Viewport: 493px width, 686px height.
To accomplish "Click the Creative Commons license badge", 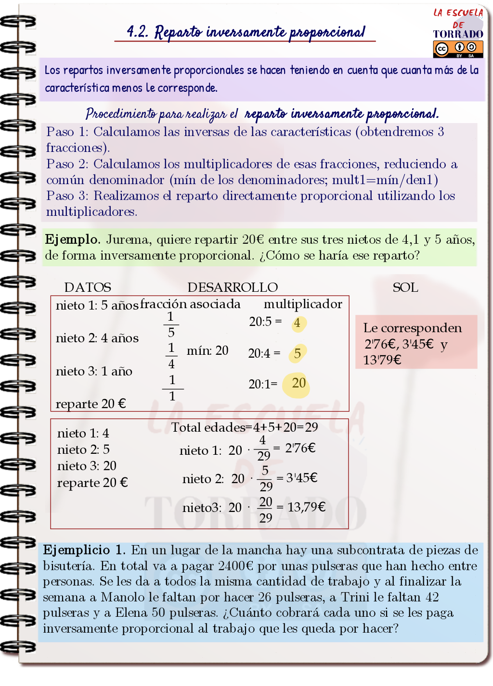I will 458,49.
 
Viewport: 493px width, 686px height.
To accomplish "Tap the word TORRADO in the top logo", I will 458,34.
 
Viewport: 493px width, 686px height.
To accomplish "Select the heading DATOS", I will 88,287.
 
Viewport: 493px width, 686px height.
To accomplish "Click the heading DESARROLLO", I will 233,287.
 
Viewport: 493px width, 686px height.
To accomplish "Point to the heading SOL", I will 405,287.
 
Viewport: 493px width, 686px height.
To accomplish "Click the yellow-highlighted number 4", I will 298,323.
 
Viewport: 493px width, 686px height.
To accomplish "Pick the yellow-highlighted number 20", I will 298,383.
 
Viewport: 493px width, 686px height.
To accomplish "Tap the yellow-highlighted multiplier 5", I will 298,354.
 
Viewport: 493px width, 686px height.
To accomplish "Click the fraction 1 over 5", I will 171,324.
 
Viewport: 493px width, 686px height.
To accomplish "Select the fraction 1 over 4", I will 171,356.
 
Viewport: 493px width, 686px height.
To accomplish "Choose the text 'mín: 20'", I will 208,350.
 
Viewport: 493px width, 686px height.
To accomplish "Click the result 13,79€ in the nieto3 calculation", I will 306,507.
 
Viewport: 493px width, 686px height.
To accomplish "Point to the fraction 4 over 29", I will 263,448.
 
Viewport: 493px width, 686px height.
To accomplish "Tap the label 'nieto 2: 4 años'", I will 97,338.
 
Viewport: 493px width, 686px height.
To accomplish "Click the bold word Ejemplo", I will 72,239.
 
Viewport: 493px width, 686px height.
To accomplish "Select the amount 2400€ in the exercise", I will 235,566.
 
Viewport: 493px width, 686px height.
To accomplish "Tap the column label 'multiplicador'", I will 303,304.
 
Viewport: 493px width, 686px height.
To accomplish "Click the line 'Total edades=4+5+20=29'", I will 245,427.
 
